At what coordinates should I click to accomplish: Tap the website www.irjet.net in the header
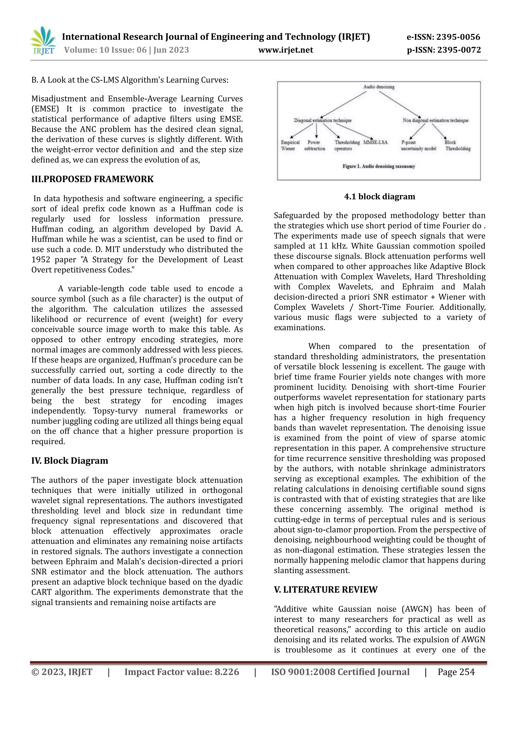[286, 50]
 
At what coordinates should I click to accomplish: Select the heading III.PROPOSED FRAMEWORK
[92, 179]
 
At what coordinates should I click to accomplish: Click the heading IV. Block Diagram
[70, 461]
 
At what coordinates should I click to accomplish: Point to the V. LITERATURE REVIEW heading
[325, 590]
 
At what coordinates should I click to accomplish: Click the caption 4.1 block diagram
[379, 196]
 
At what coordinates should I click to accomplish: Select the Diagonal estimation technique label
[322, 120]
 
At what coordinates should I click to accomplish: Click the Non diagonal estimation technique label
[435, 120]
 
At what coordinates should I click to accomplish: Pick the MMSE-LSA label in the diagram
[375, 142]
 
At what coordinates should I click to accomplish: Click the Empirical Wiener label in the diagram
[290, 145]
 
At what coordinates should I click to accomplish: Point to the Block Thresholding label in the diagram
[457, 145]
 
